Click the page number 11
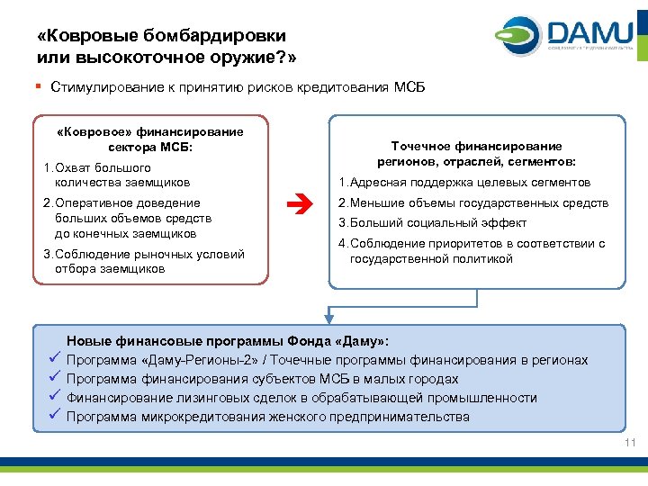point(629,444)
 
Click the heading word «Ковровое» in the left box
point(91,131)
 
